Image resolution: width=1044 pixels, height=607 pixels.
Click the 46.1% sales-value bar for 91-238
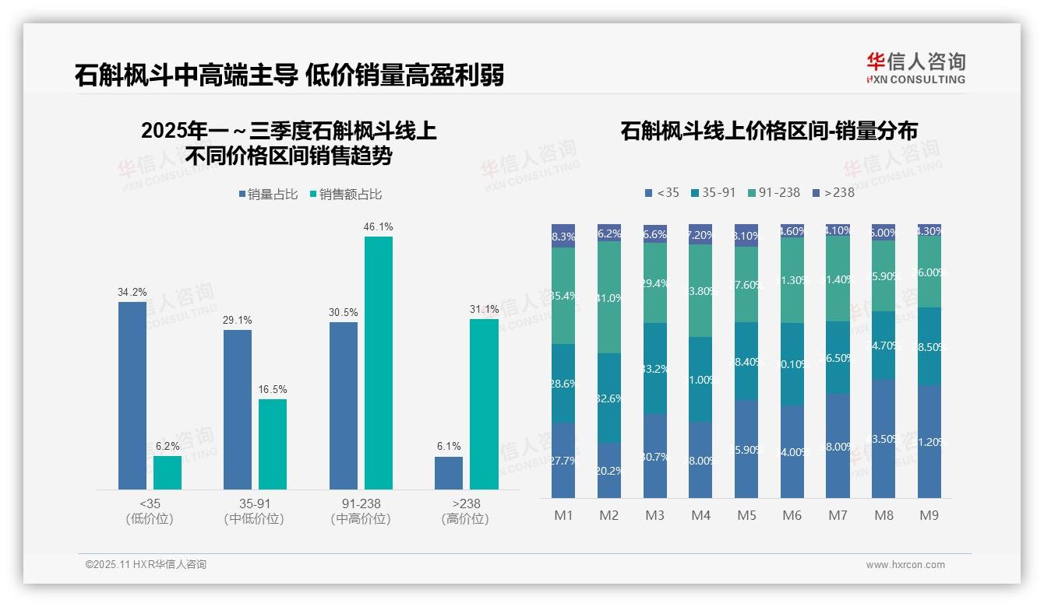pos(379,363)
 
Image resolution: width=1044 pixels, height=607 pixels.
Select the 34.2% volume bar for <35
pos(132,395)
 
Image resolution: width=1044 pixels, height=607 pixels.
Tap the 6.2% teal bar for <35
pos(168,472)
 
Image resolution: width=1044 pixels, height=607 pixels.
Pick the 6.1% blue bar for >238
pos(449,473)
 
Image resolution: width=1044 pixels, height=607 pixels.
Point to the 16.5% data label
pos(272,389)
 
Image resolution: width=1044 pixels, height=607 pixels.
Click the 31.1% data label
pos(484,309)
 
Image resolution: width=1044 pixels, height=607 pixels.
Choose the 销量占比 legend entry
pos(269,195)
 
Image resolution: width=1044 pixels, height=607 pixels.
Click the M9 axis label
pos(929,516)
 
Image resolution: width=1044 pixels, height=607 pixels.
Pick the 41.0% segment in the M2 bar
pos(609,297)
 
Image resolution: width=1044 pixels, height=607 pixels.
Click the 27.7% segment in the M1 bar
pos(563,460)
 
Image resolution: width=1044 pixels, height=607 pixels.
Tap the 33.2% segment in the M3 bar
pos(655,368)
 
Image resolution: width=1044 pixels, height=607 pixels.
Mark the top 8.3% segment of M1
pos(563,237)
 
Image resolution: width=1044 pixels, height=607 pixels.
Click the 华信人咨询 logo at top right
pos(915,68)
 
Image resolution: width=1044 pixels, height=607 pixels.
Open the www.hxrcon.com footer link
pos(905,565)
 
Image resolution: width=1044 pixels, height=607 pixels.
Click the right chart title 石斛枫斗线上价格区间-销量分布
pos(768,131)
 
